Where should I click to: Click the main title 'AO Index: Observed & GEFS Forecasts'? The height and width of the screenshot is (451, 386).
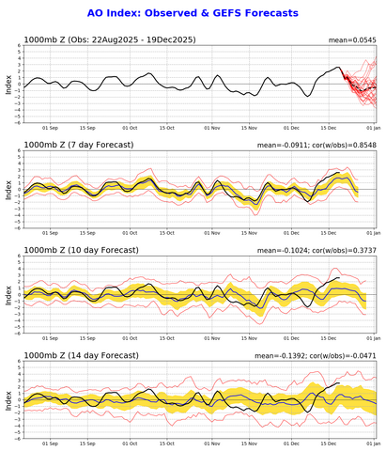pos(192,13)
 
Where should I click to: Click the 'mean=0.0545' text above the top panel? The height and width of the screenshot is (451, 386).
pos(352,40)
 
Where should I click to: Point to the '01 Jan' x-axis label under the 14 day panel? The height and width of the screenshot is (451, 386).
pos(373,441)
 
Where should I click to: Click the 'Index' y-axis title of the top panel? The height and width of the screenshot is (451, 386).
pos(8,86)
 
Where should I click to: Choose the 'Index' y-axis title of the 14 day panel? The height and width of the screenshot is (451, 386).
pos(8,398)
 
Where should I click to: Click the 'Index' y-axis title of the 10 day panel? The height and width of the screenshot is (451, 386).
pos(8,294)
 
